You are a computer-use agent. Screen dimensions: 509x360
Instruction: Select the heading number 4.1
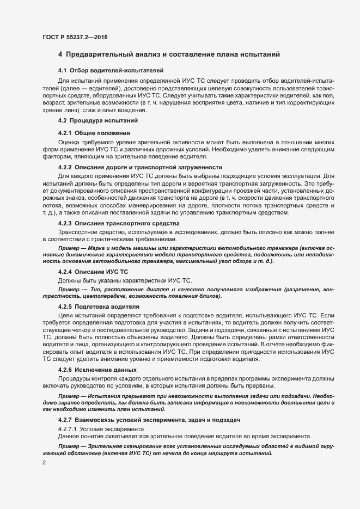(x=62, y=70)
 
